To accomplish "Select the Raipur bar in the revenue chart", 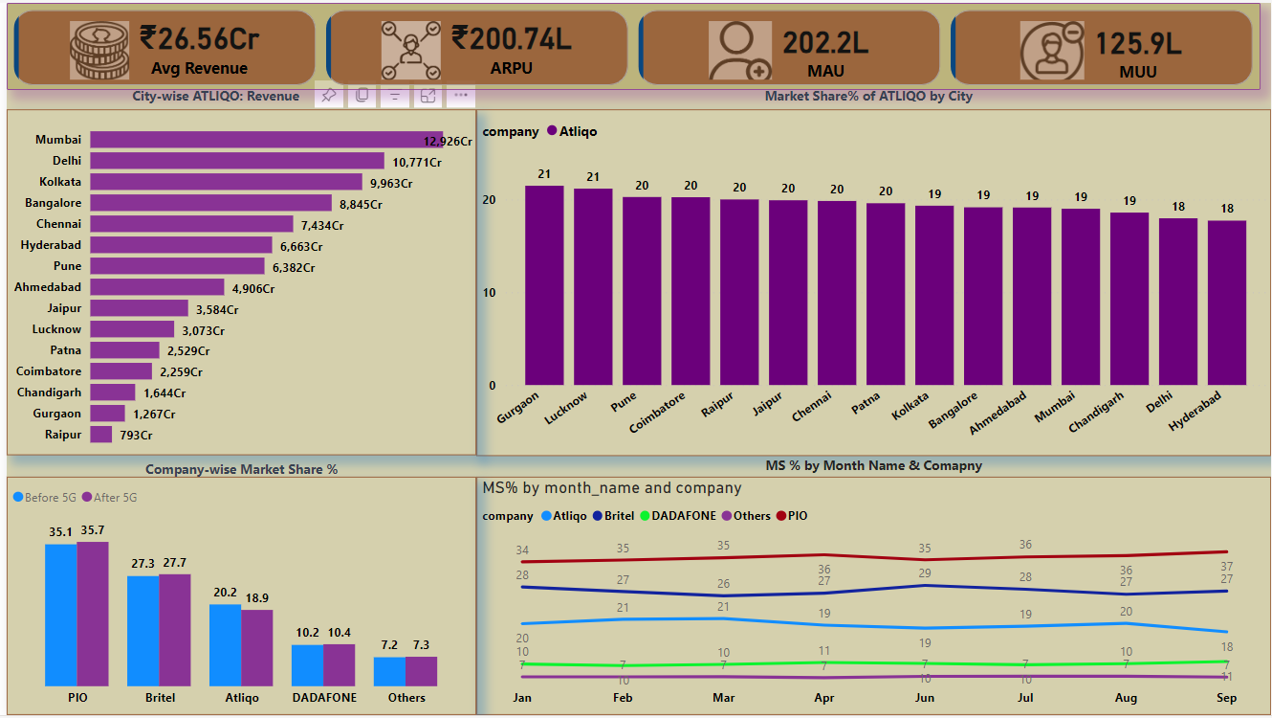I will coord(101,435).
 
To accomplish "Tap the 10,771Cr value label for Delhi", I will coord(417,162).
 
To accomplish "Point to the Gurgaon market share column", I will coord(544,285).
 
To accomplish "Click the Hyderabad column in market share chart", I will coord(1226,303).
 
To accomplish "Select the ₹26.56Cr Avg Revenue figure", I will coord(199,39).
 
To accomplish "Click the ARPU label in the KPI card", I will coord(512,69).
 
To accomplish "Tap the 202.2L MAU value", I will coord(825,42).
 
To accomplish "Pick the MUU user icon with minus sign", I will coord(1052,50).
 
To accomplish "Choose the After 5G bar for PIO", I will coord(93,614).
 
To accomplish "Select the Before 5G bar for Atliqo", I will coord(225,644).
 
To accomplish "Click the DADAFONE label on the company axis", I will coord(324,698).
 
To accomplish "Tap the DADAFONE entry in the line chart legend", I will coord(679,516).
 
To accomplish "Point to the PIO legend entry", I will coord(791,516).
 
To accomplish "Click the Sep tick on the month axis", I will coord(1226,698).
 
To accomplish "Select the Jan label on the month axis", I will coord(522,698).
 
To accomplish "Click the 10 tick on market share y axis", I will coord(490,293).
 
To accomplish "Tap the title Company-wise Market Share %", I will coord(241,469).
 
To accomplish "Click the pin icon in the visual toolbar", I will coord(328,96).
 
